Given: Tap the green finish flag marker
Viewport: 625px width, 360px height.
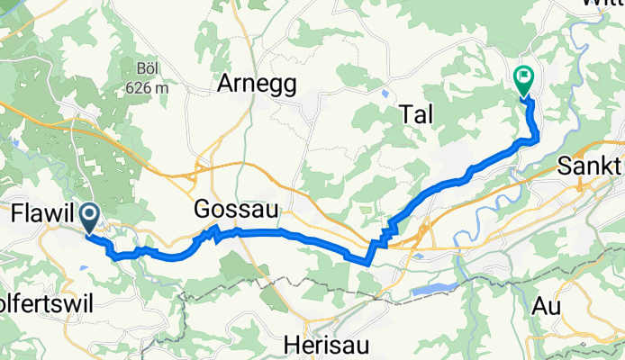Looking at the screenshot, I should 523,80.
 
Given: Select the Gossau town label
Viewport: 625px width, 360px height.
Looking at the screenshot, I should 235,211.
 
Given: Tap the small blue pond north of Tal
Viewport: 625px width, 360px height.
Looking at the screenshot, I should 385,92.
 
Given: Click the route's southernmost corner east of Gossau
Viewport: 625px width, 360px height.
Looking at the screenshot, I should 367,263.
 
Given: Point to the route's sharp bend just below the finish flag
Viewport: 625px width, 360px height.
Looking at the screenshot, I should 537,137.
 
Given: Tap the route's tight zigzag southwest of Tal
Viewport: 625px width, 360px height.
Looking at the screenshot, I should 387,233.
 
